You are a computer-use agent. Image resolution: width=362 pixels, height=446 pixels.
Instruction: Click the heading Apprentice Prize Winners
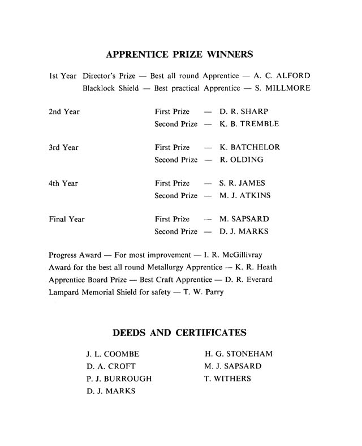point(179,55)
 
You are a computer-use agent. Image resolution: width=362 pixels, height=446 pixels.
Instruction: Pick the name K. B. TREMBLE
point(249,123)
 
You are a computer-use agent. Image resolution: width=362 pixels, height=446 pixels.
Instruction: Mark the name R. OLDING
point(242,160)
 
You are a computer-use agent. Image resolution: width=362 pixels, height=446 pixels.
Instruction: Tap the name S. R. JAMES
point(242,183)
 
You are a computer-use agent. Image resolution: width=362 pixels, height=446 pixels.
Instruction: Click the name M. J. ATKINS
point(245,195)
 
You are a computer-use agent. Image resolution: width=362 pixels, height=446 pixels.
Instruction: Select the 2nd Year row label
point(64,111)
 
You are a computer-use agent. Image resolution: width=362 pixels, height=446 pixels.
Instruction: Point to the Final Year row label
point(67,219)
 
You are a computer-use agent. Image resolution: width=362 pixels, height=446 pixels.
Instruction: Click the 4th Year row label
point(63,183)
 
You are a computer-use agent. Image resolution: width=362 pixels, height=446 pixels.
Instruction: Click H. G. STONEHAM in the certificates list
point(238,354)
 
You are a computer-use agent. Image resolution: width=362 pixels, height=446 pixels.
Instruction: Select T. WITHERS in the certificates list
point(227,379)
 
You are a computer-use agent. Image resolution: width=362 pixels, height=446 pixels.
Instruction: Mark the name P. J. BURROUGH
point(119,379)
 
